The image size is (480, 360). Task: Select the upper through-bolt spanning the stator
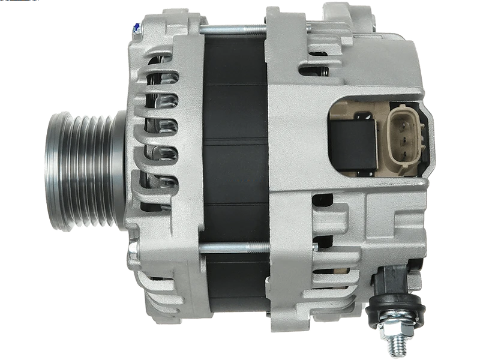234,28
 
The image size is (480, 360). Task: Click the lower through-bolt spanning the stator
234,246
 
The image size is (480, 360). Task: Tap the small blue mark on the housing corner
137,26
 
